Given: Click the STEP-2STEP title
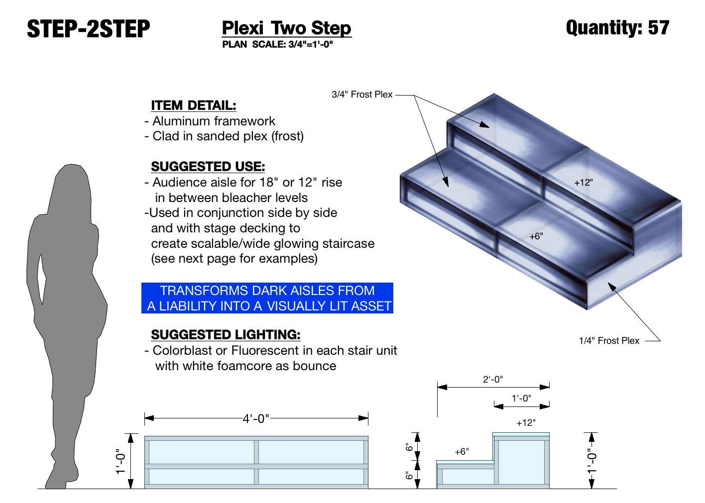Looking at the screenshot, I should coord(88,29).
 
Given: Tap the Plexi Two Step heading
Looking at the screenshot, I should coord(286,28).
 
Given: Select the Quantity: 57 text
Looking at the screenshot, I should coord(617,27).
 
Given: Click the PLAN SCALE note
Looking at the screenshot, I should coord(277,44).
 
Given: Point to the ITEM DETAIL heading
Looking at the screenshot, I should coord(193,105).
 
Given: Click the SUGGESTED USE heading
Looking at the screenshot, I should coord(208,166).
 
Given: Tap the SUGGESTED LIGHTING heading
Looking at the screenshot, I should coord(226,334).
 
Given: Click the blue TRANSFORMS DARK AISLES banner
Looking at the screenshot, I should coord(267,298).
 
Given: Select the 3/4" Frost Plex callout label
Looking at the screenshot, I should coord(362,95).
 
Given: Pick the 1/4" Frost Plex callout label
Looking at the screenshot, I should coord(609,341).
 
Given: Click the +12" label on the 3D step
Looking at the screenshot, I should coord(584,183).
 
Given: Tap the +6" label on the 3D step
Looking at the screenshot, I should coord(536,236).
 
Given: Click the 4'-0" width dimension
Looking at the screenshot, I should coord(256,419).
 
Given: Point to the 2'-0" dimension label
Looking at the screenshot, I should coord(493,380).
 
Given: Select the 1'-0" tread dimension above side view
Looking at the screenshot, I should coord(521,399).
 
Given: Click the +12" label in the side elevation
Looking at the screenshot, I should coord(526,423).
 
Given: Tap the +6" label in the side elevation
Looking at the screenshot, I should coord(462,452).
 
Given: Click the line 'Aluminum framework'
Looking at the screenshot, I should coord(214,121).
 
